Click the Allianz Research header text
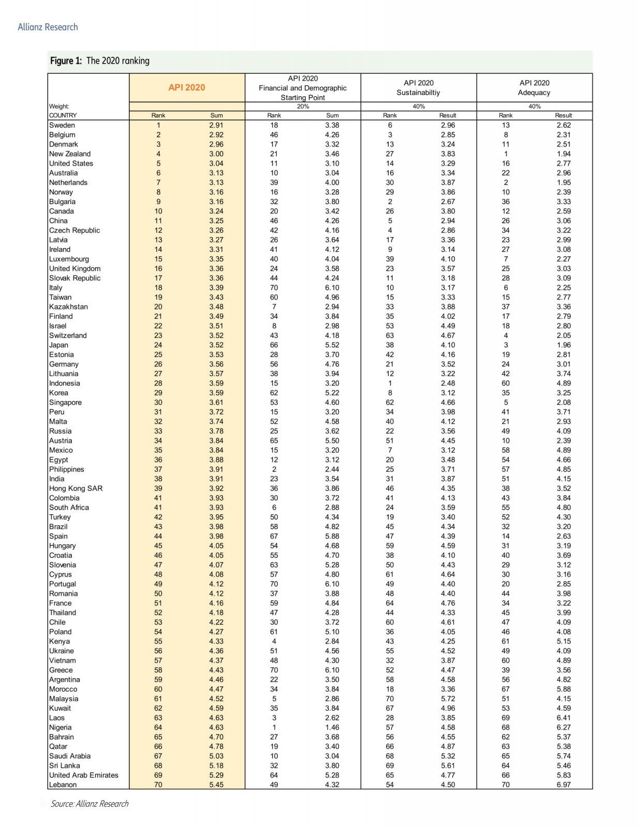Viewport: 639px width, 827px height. click(x=48, y=27)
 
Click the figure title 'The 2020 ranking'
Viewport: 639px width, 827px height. click(x=117, y=60)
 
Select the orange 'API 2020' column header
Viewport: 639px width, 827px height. click(x=187, y=87)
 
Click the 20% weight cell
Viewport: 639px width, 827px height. click(x=303, y=106)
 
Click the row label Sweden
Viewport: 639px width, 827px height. click(x=62, y=125)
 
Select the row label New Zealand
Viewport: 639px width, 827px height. click(x=70, y=154)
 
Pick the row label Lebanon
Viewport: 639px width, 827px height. click(x=63, y=785)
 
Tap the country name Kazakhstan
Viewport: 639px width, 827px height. click(x=68, y=307)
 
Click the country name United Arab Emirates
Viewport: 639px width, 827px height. click(x=84, y=775)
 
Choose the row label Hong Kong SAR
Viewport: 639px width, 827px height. click(x=75, y=488)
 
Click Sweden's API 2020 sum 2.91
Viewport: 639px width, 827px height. click(x=217, y=125)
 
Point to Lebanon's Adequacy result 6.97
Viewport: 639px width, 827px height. click(x=564, y=785)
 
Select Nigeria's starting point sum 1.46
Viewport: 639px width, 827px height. click(x=332, y=727)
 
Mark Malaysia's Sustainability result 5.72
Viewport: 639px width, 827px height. click(x=448, y=698)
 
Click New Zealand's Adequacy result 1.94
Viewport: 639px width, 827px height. click(x=564, y=154)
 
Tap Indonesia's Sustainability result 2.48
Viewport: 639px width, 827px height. click(x=448, y=383)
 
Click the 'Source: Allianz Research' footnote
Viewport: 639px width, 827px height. click(x=89, y=804)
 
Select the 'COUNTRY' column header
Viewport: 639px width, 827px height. click(x=63, y=115)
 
